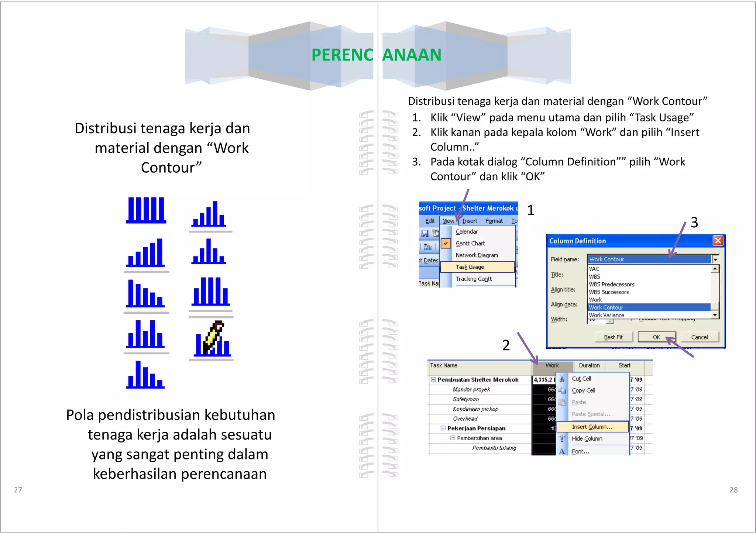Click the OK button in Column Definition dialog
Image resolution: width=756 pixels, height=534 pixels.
pyautogui.click(x=656, y=337)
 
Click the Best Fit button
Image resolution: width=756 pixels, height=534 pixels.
pyautogui.click(x=613, y=337)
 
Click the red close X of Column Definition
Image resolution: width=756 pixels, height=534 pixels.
pyautogui.click(x=718, y=241)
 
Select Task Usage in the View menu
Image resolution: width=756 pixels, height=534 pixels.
pyautogui.click(x=470, y=267)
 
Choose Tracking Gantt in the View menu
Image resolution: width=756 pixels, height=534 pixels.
pyautogui.click(x=474, y=279)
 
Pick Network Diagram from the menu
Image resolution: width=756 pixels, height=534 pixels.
pyautogui.click(x=477, y=255)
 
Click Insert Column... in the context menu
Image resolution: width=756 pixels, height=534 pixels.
pyautogui.click(x=592, y=427)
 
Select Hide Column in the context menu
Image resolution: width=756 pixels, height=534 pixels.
pyautogui.click(x=587, y=438)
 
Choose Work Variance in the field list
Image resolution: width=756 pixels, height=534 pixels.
pyautogui.click(x=606, y=315)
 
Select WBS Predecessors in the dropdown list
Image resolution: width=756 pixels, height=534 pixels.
pyautogui.click(x=612, y=285)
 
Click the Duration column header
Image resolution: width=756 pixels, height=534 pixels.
pyautogui.click(x=589, y=365)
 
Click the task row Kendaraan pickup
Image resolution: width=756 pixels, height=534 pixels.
pyautogui.click(x=475, y=409)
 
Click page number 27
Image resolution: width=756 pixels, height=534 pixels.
pyautogui.click(x=18, y=490)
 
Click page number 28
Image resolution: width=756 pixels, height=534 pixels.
pyautogui.click(x=733, y=490)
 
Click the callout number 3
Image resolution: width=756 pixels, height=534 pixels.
pyautogui.click(x=694, y=223)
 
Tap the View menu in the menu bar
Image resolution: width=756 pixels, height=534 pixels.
pyautogui.click(x=449, y=221)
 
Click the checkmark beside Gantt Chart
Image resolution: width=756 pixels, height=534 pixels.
pyautogui.click(x=446, y=244)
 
